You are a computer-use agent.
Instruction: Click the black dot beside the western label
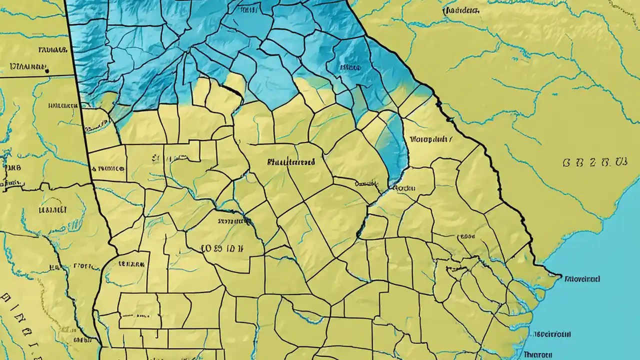(x=46, y=71)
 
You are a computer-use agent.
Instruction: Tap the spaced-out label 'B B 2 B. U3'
(x=594, y=162)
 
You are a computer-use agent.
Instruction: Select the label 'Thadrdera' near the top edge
(x=460, y=10)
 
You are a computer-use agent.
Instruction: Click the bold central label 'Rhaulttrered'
(x=291, y=162)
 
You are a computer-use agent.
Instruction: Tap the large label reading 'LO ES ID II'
(x=221, y=247)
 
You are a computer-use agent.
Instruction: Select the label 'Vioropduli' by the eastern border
(x=430, y=140)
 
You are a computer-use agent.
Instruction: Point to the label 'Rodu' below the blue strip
(x=405, y=188)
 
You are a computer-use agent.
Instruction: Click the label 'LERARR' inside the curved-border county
(x=132, y=261)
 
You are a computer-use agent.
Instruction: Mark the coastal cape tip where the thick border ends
(x=558, y=274)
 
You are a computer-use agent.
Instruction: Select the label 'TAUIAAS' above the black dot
(x=52, y=50)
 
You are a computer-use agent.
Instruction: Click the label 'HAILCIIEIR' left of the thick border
(x=63, y=106)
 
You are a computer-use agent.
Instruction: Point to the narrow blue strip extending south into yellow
(x=395, y=150)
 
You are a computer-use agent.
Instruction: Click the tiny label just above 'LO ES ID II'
(x=229, y=220)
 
